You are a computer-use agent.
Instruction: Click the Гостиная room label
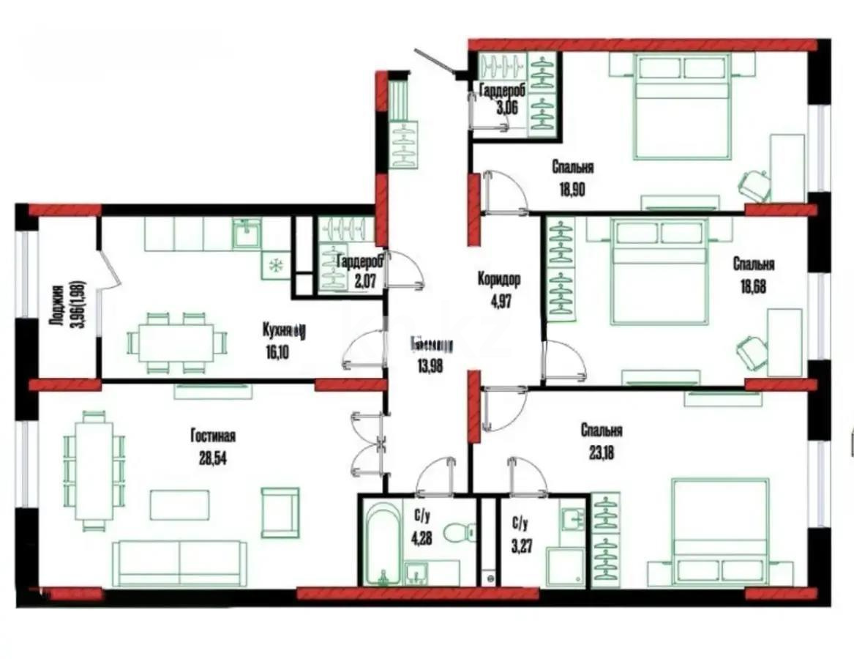213,437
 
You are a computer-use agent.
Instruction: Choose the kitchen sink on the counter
247,235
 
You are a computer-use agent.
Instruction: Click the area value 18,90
573,186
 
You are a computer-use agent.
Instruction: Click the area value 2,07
359,279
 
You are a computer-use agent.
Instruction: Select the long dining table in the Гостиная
94,470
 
